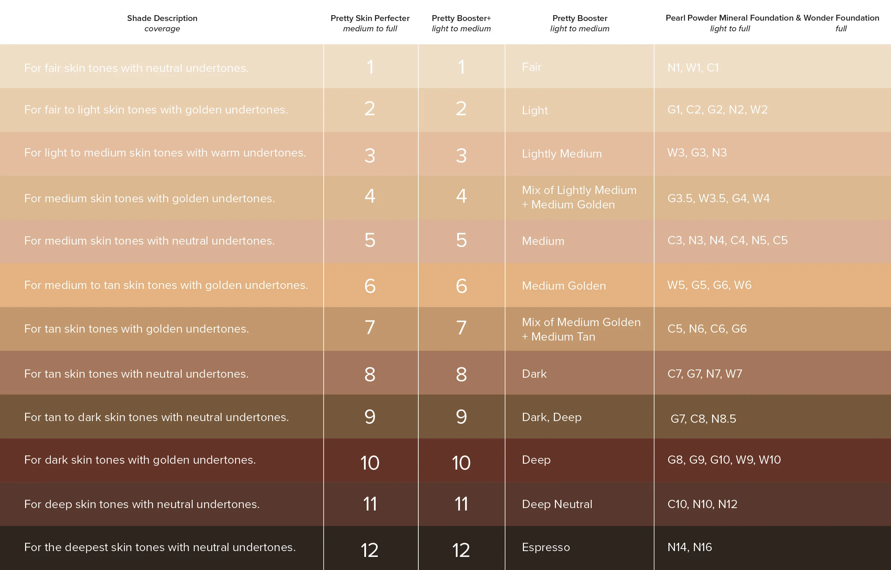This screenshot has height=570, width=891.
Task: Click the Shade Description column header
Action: pyautogui.click(x=162, y=19)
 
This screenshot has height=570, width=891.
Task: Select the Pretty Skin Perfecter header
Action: pyautogui.click(x=370, y=19)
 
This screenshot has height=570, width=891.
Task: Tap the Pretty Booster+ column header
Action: pyautogui.click(x=461, y=19)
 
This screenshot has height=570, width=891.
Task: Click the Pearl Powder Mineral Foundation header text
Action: pyautogui.click(x=729, y=18)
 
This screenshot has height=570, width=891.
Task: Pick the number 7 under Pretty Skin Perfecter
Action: pyautogui.click(x=370, y=328)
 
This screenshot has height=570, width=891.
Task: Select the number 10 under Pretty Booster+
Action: pyautogui.click(x=461, y=463)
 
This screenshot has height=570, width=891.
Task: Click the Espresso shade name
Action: pyautogui.click(x=546, y=547)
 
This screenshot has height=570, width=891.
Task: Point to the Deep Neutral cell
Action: pyautogui.click(x=557, y=504)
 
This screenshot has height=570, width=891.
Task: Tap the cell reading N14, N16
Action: pyautogui.click(x=689, y=547)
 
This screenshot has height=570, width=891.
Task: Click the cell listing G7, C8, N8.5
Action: pyautogui.click(x=703, y=419)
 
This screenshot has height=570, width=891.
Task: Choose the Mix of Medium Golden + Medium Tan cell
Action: pyautogui.click(x=581, y=329)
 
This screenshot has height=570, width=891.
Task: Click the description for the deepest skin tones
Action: pyautogui.click(x=160, y=547)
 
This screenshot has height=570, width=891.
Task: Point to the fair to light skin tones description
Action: pyautogui.click(x=156, y=109)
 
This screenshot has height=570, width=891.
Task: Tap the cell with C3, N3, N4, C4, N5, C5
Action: pyautogui.click(x=727, y=240)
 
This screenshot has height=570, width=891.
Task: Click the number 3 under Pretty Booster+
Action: pyautogui.click(x=461, y=155)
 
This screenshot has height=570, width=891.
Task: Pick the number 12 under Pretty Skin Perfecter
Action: pyautogui.click(x=369, y=550)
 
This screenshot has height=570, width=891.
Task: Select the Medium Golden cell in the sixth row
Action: pyautogui.click(x=564, y=286)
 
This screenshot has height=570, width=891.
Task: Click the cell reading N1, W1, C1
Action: pyautogui.click(x=693, y=68)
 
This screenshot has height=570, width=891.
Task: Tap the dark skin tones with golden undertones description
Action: pyautogui.click(x=140, y=460)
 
